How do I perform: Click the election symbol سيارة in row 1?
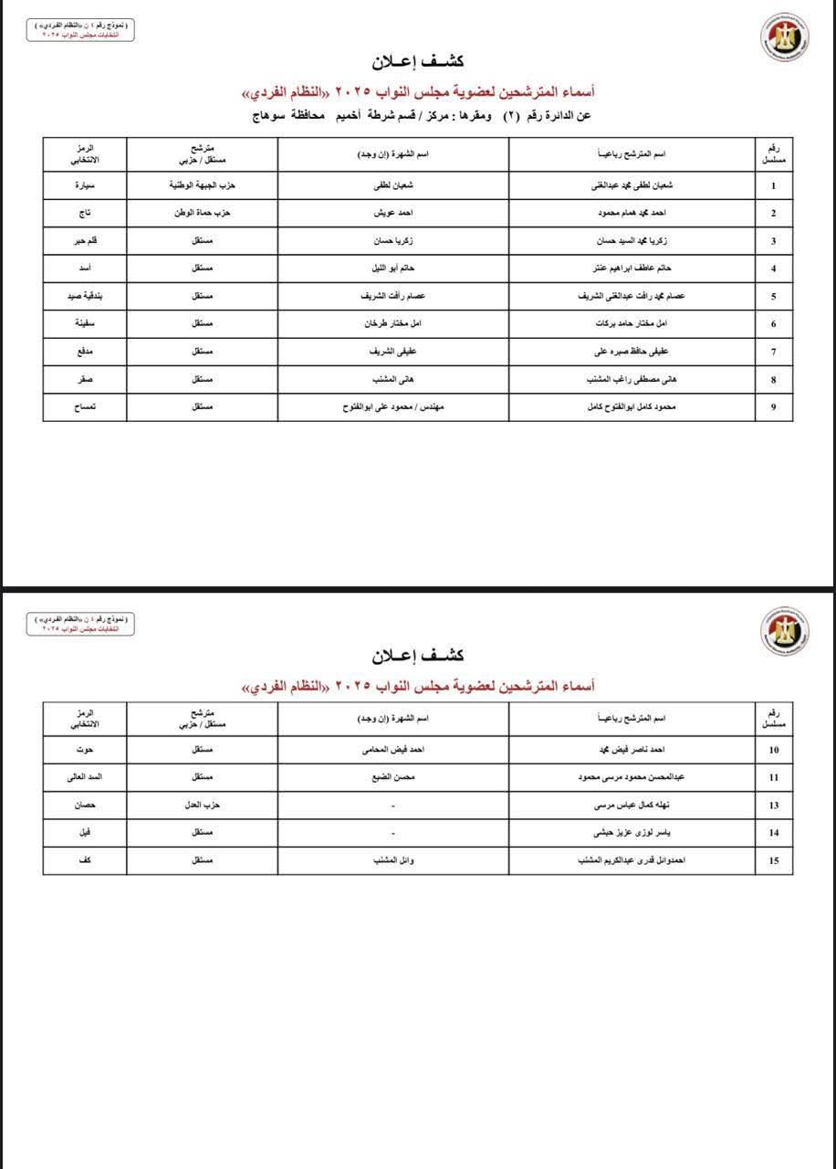click(84, 185)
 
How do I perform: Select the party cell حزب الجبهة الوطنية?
click(203, 185)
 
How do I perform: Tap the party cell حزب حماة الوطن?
click(203, 213)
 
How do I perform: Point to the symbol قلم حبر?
click(84, 241)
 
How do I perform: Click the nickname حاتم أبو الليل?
click(393, 269)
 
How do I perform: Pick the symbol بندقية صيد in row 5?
click(84, 296)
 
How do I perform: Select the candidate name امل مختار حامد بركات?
click(632, 324)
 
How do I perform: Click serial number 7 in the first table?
click(774, 352)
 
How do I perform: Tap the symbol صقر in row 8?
click(84, 379)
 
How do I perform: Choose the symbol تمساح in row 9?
click(84, 406)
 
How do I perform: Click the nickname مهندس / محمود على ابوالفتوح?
click(393, 406)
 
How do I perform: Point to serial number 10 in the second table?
click(774, 751)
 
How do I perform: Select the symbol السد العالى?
click(84, 777)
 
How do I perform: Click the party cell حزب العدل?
click(203, 805)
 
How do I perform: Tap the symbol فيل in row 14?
click(84, 832)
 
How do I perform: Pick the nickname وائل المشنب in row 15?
click(393, 859)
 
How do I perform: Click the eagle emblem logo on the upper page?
click(785, 36)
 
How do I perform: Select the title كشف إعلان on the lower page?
click(418, 655)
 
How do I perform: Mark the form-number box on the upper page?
click(78, 30)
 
